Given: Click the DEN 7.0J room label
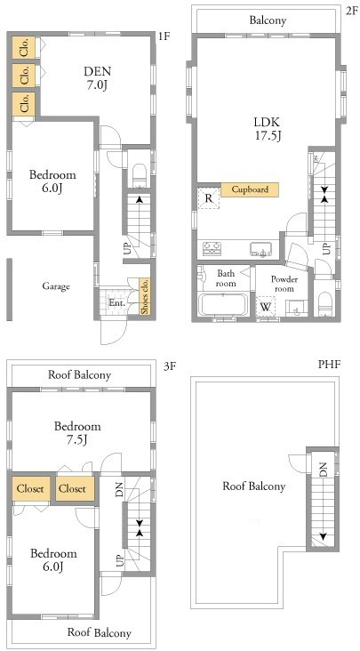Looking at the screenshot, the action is click(98, 78).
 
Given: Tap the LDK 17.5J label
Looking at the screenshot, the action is click(267, 129).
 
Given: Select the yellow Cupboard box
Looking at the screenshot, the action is click(250, 189).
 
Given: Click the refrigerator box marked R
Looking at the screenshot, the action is click(209, 198).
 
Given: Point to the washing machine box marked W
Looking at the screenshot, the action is click(265, 307).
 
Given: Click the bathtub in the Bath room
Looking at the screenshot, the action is click(224, 305).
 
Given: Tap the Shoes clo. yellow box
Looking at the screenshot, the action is click(145, 295).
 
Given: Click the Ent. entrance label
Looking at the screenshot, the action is click(117, 303).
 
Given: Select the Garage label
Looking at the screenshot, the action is click(56, 286).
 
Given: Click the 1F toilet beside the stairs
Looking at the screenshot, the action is click(140, 176).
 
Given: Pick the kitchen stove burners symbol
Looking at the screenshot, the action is click(212, 249).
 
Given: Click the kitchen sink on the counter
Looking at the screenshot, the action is click(260, 250).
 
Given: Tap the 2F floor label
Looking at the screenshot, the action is click(351, 11).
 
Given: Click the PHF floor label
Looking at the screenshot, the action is click(329, 365).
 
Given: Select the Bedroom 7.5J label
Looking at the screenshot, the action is click(77, 432).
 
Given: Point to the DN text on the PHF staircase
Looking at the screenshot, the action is click(324, 470).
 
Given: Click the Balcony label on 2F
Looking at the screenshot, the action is click(268, 20).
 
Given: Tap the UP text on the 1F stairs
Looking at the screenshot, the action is click(127, 248).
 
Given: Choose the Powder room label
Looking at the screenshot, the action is click(284, 284).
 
